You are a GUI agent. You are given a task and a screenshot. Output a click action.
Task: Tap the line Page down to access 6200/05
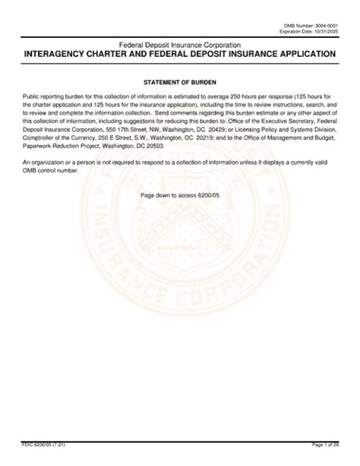pyautogui.click(x=179, y=195)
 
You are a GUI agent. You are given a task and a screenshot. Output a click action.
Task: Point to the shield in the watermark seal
pyautogui.click(x=179, y=250)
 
